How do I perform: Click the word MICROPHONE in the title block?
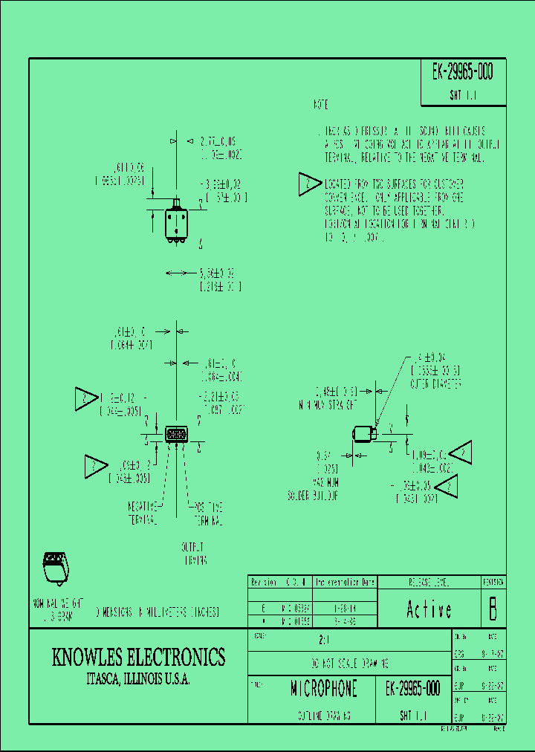point(323,689)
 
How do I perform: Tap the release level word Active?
point(429,610)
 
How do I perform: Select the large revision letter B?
point(491,609)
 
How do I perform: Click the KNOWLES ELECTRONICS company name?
point(138,657)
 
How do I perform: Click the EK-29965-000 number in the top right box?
point(462,72)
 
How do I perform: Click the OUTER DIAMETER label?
point(437,384)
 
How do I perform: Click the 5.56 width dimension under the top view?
point(221,279)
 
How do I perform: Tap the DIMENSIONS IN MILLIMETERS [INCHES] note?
point(157,612)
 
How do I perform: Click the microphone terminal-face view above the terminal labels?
point(176,434)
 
